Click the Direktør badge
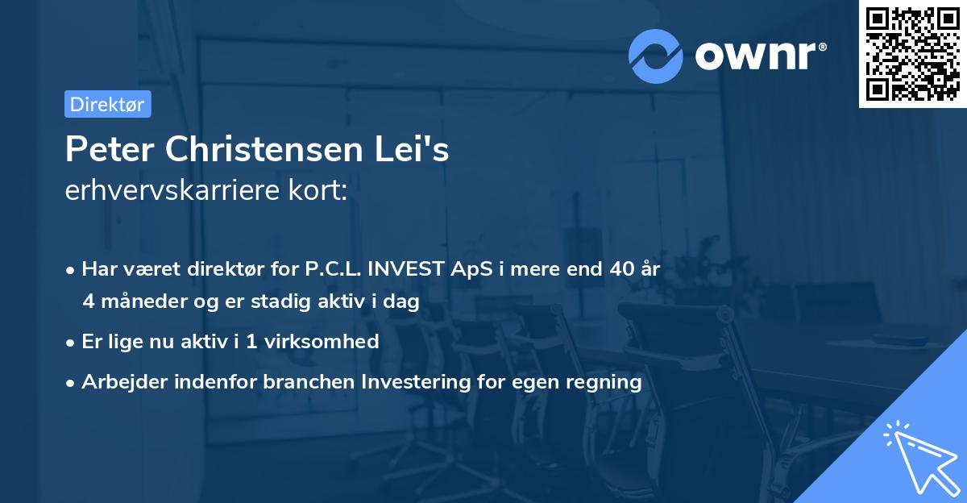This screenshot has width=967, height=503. pos(107,104)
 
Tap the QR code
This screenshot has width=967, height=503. pos(912,54)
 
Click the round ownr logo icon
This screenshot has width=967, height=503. pos(656,56)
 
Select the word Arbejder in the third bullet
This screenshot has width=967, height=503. pos(118,381)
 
